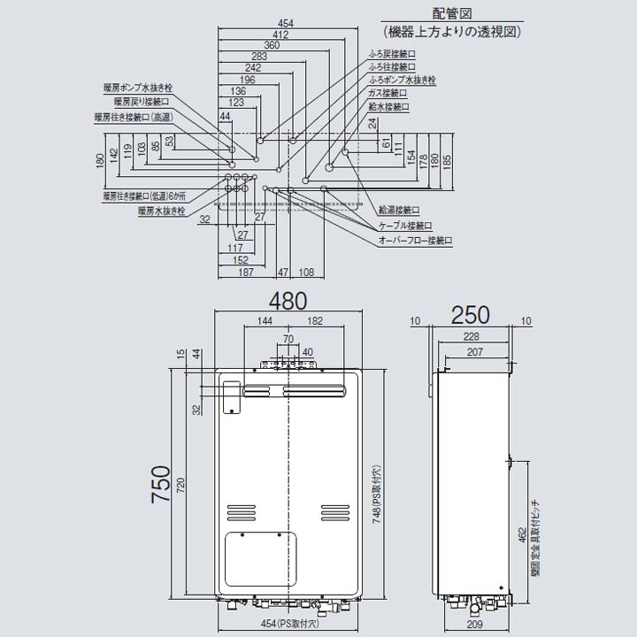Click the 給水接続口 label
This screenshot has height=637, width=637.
point(389,105)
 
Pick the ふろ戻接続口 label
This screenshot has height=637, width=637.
point(392,54)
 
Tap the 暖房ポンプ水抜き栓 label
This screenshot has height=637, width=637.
point(136,88)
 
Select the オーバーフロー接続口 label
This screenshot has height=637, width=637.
point(415,239)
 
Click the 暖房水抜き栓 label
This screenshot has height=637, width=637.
point(161,211)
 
